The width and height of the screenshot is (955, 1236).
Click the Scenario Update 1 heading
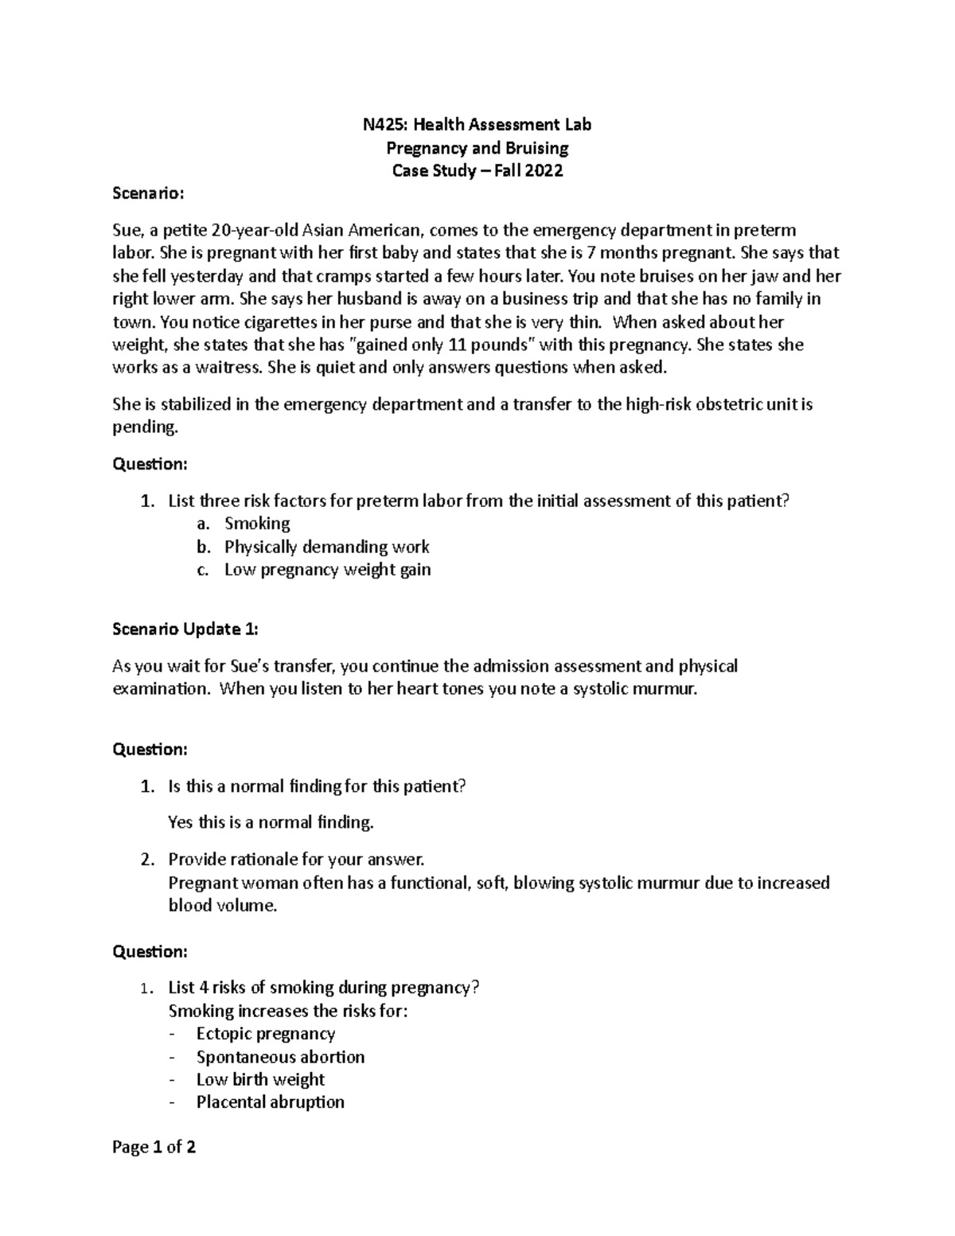coord(185,629)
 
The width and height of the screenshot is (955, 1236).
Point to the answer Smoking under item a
coord(257,523)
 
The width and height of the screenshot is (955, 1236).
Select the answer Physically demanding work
coord(326,547)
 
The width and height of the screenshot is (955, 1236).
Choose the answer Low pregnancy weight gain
coord(327,570)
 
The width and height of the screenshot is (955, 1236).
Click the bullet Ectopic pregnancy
coord(266,1034)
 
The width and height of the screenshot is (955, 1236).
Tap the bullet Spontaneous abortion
coord(280,1057)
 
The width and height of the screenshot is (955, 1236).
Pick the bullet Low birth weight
coord(260,1079)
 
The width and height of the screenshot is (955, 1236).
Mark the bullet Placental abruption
coord(270,1102)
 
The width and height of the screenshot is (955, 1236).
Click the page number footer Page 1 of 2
coord(154,1147)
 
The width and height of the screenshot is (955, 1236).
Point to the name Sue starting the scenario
coord(127,231)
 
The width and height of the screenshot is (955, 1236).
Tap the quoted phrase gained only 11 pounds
coord(450,345)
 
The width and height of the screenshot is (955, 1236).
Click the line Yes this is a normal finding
coord(271,822)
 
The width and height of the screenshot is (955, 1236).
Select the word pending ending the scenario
coord(144,427)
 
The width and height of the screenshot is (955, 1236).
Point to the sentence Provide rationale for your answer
coord(297,860)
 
